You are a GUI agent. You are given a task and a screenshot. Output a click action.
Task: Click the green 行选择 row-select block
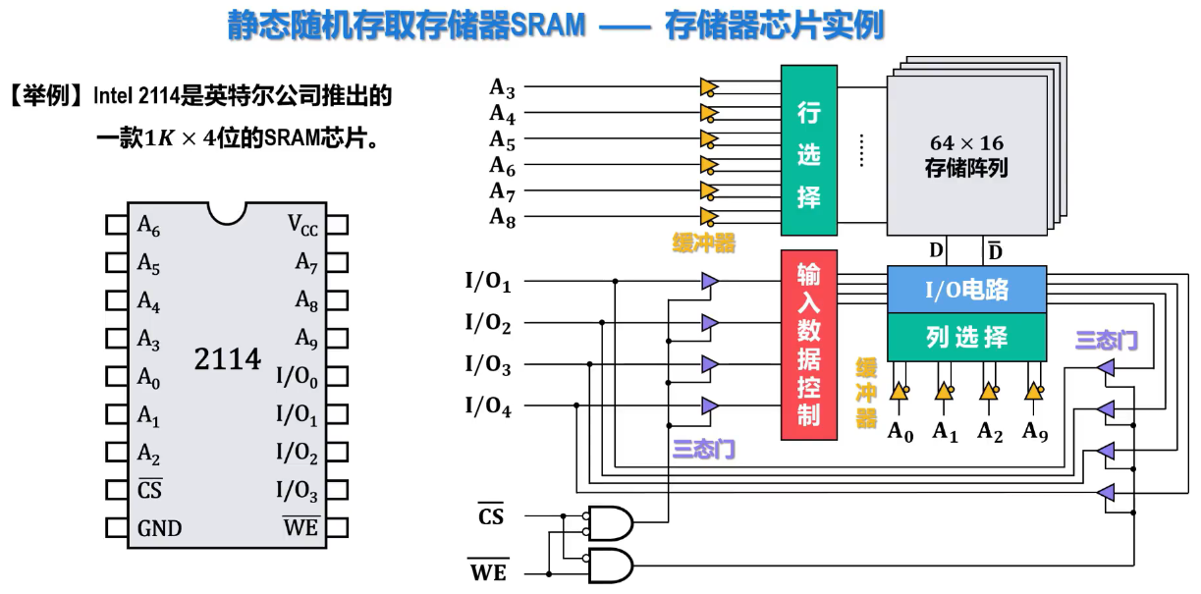pyautogui.click(x=809, y=150)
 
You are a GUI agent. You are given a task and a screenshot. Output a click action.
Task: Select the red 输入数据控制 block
pyautogui.click(x=808, y=345)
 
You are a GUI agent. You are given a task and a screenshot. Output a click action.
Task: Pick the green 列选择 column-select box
pyautogui.click(x=966, y=338)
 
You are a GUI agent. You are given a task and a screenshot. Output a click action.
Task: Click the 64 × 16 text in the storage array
pyautogui.click(x=966, y=143)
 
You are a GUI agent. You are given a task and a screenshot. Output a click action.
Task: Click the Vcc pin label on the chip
pyautogui.click(x=302, y=226)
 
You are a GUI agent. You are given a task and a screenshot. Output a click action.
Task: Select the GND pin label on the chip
pyautogui.click(x=159, y=528)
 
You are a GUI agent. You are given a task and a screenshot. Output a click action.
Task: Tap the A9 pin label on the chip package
pyautogui.click(x=306, y=339)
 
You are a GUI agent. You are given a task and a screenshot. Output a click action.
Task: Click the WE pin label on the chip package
pyautogui.click(x=300, y=527)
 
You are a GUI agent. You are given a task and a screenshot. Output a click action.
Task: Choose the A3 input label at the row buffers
pyautogui.click(x=503, y=88)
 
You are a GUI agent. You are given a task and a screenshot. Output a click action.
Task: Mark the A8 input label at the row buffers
pyautogui.click(x=503, y=218)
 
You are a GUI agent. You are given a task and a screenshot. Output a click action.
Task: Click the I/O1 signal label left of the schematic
pyautogui.click(x=487, y=283)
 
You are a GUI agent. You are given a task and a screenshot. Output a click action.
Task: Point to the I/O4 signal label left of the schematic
pyautogui.click(x=487, y=405)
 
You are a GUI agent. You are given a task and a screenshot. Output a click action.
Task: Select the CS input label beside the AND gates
pyautogui.click(x=490, y=514)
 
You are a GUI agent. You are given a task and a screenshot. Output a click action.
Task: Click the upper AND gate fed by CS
pyautogui.click(x=610, y=522)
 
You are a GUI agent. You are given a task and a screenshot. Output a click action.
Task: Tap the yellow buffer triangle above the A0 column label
pyautogui.click(x=899, y=391)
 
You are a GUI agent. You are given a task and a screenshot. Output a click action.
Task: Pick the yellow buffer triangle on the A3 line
pyautogui.click(x=709, y=87)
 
